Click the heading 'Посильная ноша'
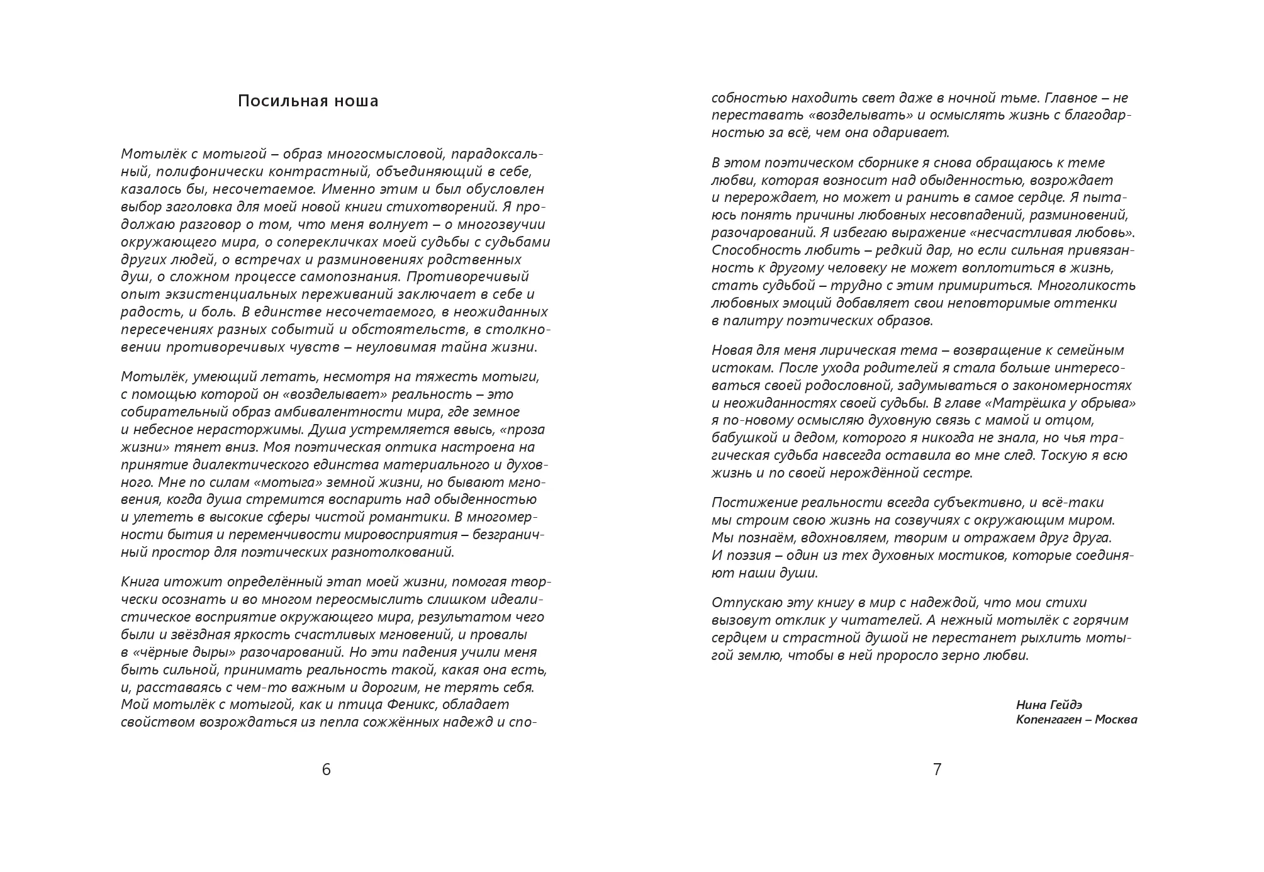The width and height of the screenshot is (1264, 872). (308, 101)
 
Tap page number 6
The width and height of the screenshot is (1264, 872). (326, 769)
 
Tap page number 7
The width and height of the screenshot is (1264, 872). (937, 769)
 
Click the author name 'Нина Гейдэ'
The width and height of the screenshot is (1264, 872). (1049, 705)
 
